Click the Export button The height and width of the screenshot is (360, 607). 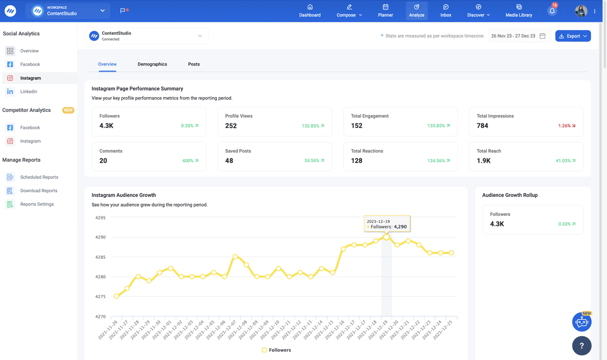pos(573,36)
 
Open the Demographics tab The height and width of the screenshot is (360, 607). pos(152,64)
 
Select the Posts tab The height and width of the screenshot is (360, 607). pos(194,64)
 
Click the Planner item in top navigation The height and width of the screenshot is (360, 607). pos(385,11)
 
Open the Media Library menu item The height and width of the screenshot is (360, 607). pos(518,11)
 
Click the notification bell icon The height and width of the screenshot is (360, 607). pos(552,11)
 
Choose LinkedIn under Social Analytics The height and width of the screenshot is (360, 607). pos(29,92)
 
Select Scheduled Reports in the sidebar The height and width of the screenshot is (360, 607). pos(39,177)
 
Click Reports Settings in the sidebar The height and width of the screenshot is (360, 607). pos(36,204)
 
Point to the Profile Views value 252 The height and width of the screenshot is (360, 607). pos(231,126)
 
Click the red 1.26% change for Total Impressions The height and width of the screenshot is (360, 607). pos(567,126)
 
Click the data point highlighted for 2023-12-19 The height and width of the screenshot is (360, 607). pos(386,238)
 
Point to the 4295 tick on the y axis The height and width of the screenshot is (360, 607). pos(100,217)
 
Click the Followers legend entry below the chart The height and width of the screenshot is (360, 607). pos(276,350)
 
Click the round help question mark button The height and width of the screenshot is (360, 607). pos(582,346)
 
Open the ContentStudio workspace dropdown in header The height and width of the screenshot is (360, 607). pos(68,11)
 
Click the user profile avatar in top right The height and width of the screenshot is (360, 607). pos(581,11)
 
